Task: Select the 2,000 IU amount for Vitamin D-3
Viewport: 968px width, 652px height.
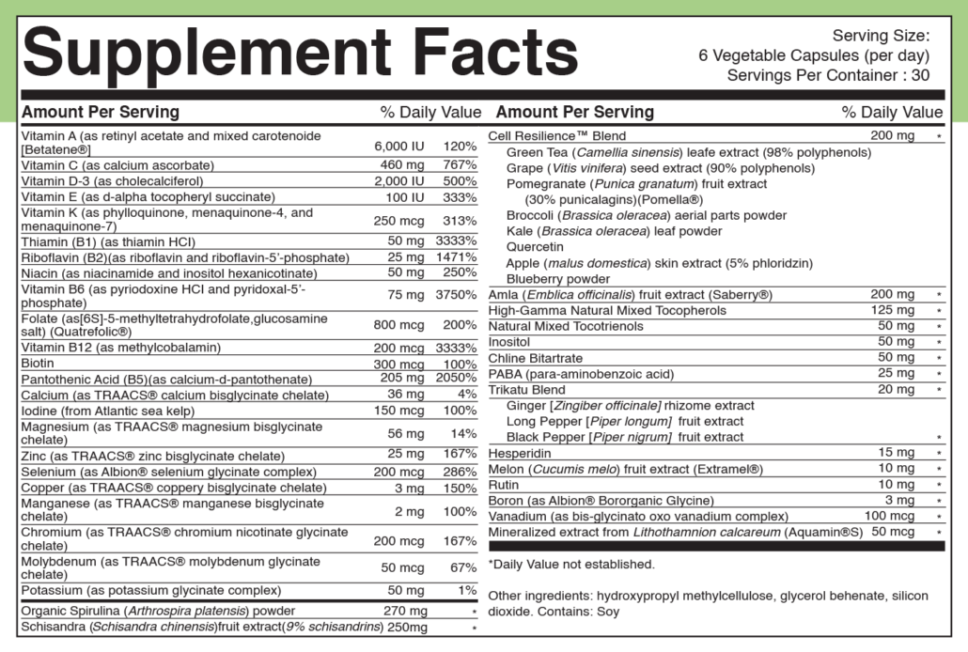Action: (400, 180)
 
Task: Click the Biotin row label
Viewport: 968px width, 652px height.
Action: (39, 363)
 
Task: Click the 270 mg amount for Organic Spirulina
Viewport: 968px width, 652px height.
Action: (406, 611)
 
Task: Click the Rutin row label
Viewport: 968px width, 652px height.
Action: (504, 485)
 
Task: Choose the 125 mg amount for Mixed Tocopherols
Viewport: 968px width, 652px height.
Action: (892, 310)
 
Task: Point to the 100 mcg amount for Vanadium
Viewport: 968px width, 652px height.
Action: (888, 516)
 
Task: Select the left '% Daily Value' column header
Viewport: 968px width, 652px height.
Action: (430, 112)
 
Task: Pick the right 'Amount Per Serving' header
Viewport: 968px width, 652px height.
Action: (575, 112)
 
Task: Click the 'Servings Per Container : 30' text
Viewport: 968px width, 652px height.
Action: (828, 75)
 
